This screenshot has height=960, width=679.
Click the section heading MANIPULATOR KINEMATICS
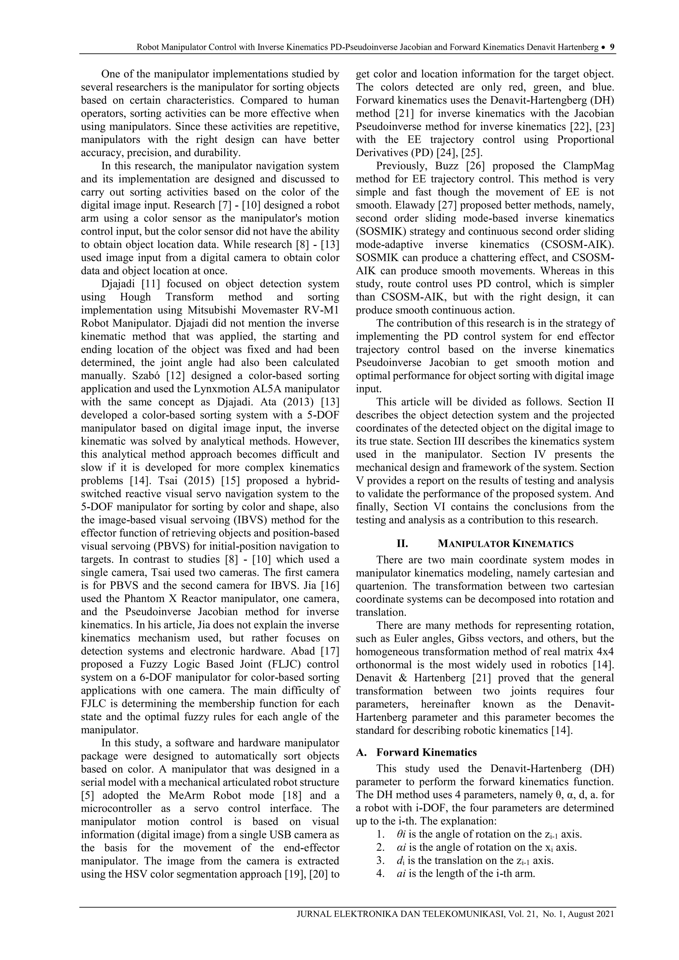(506, 544)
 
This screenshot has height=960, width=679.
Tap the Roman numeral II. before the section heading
(402, 544)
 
